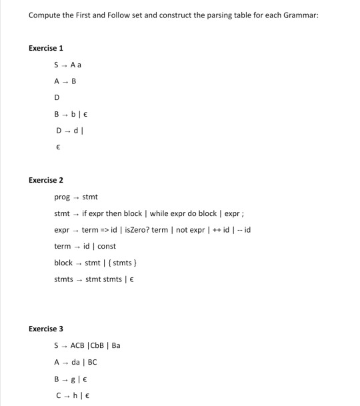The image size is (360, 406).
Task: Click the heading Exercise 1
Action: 46,49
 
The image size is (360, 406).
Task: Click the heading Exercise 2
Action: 46,180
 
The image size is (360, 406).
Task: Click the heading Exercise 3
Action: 46,329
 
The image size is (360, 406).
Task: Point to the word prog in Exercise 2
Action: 61,197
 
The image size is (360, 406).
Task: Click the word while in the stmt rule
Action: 160,213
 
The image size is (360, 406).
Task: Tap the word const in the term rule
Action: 107,247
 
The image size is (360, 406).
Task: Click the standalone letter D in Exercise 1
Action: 57,98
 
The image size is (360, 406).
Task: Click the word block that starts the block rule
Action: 63,263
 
